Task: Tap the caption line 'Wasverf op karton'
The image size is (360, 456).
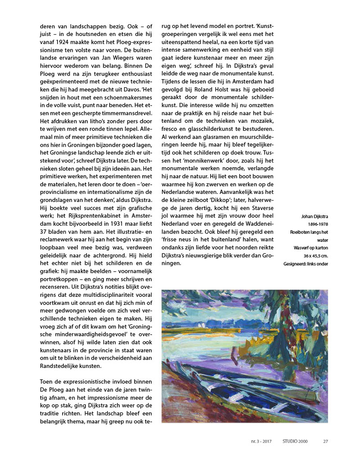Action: pyautogui.click(x=310, y=247)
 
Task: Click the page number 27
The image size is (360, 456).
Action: pyautogui.click(x=325, y=441)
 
